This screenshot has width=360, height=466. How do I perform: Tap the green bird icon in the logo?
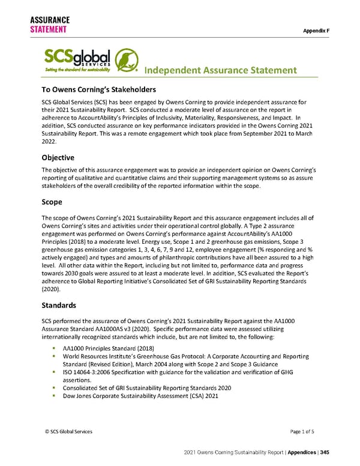(x=127, y=60)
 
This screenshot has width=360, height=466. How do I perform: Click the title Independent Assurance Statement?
(x=221, y=71)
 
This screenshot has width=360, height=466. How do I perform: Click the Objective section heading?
(x=58, y=157)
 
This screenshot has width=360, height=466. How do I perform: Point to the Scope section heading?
(x=52, y=202)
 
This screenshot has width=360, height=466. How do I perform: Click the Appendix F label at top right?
(x=333, y=29)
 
